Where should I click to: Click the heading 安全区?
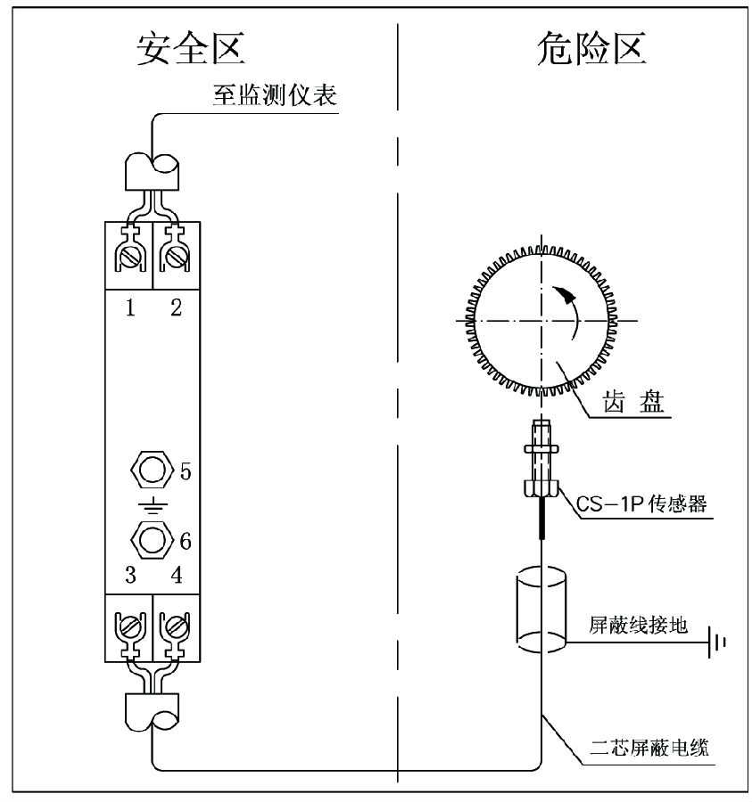[191, 50]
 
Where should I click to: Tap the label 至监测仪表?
[275, 96]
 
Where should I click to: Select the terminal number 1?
[130, 308]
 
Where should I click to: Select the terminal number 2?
[176, 308]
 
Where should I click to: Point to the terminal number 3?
[130, 575]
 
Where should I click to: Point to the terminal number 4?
[177, 575]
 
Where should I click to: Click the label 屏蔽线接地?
[638, 626]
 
